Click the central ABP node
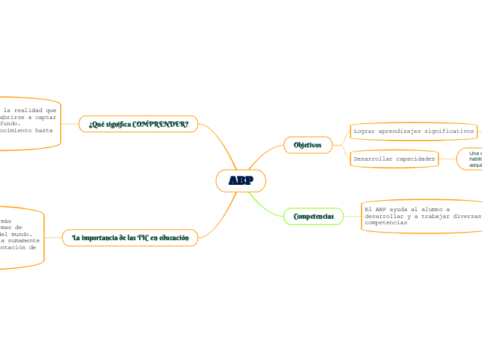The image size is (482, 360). click(240, 181)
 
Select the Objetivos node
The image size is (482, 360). click(307, 145)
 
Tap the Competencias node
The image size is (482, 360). click(313, 217)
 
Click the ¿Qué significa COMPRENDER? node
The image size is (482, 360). click(139, 124)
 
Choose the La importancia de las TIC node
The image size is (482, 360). click(130, 237)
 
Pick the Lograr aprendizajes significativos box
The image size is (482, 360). click(413, 131)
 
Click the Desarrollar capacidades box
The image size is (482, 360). click(394, 159)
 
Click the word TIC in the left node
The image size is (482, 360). click(143, 237)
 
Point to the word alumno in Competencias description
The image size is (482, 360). click(425, 209)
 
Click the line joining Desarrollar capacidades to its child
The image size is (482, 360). click(447, 159)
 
